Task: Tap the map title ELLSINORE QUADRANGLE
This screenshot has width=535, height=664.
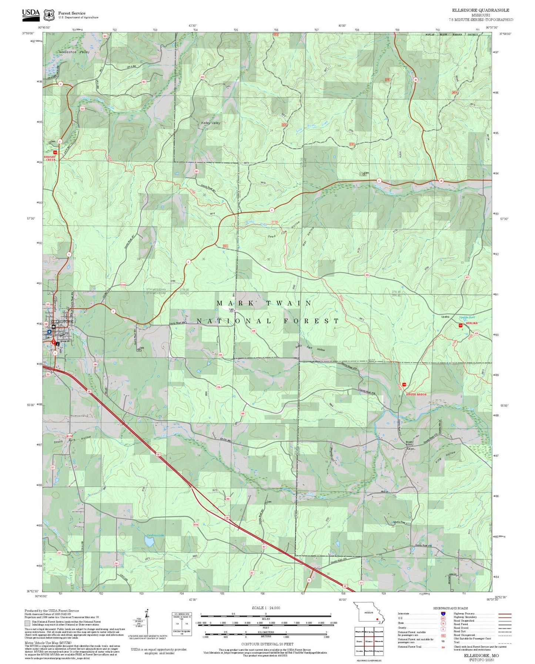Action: [x=480, y=10]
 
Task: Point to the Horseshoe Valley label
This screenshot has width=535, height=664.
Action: [x=74, y=52]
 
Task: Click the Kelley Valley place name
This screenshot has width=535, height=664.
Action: [x=210, y=123]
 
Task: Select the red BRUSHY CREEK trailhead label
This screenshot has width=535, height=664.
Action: [x=50, y=158]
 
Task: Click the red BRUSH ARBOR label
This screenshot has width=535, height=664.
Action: [x=416, y=394]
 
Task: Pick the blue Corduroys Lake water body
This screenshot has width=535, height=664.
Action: [x=150, y=542]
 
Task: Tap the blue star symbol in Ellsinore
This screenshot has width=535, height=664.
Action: [x=49, y=332]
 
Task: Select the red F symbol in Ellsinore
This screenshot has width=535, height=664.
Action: [x=53, y=342]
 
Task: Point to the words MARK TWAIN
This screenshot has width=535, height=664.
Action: [x=264, y=303]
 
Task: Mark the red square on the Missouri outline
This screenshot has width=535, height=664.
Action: [x=377, y=618]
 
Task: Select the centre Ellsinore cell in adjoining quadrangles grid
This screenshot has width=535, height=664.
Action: [x=368, y=641]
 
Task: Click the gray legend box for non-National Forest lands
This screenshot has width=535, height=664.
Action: [x=27, y=623]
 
